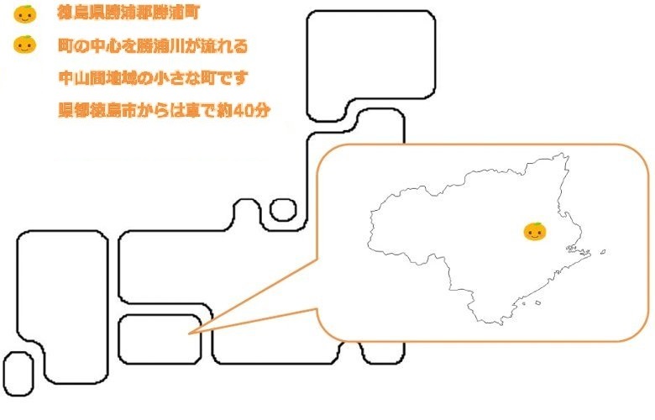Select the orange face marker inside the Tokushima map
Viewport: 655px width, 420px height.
pos(534,231)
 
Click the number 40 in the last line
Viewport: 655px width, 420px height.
pos(241,110)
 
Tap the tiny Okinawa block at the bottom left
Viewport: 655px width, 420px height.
pos(18,374)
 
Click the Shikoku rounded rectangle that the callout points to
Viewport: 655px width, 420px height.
pos(160,339)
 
